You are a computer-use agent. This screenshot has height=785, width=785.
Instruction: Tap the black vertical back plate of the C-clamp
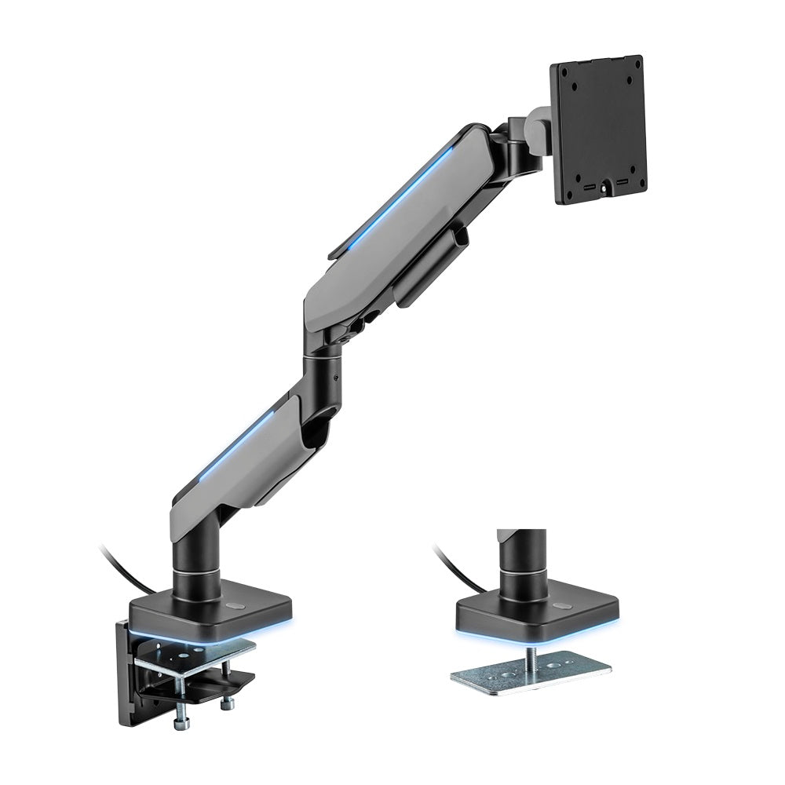[x=126, y=667]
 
